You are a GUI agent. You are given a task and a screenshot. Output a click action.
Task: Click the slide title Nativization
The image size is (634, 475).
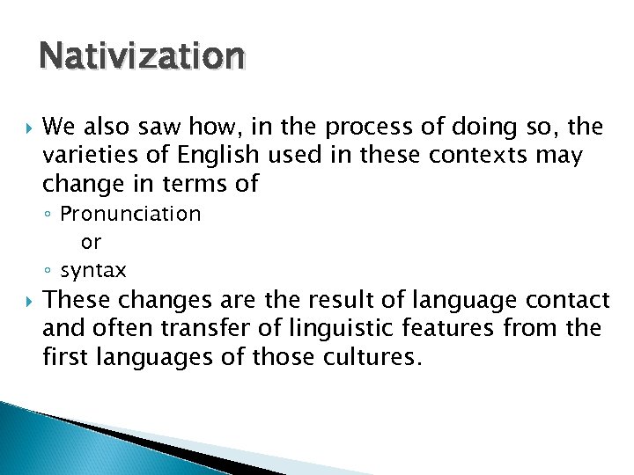141,55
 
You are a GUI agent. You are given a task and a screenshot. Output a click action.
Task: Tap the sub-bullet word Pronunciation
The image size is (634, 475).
130,214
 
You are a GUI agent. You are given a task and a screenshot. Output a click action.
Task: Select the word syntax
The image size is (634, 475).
93,270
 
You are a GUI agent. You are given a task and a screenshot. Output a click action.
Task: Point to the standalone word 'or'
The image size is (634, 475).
91,242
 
